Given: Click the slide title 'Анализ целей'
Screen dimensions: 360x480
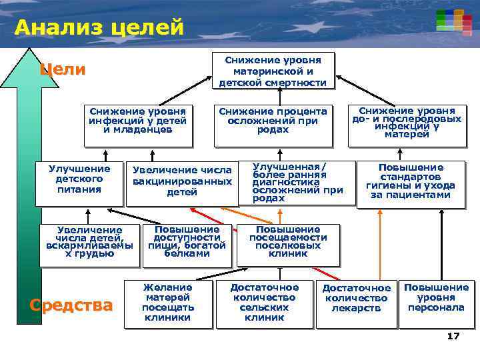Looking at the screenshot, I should (99, 27).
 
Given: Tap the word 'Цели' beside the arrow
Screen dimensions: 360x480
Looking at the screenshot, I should (63, 69).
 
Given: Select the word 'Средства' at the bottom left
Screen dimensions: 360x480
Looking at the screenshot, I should (71, 305).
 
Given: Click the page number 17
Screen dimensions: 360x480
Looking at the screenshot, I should (453, 336).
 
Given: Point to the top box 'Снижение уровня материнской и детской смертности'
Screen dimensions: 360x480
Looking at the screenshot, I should (273, 71).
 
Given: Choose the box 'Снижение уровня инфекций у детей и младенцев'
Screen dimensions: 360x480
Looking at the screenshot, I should (138, 124).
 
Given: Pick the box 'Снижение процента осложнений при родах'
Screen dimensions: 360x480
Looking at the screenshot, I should (273, 124).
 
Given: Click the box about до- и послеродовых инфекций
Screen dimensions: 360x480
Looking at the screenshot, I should (407, 124).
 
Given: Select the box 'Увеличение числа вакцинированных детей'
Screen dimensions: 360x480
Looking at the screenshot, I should (181, 181).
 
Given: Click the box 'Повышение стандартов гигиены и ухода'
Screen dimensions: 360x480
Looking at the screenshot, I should (411, 183).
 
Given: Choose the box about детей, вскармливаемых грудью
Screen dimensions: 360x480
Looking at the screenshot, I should (89, 245).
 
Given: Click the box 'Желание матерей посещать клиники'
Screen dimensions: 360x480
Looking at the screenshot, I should (168, 303).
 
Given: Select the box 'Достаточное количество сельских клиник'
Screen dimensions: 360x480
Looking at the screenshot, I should (264, 304).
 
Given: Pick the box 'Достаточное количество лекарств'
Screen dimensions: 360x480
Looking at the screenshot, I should (356, 304).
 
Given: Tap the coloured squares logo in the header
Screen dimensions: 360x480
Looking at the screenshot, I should (450, 21).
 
